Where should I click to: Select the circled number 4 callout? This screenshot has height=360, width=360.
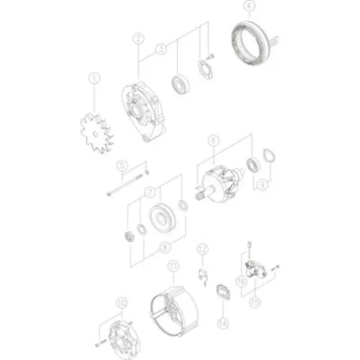point(248,9)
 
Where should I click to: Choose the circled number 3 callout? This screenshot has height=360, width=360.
point(161,48)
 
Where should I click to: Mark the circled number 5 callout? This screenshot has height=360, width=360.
point(122,166)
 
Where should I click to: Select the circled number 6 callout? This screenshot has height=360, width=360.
point(212,141)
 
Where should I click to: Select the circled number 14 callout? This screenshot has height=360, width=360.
point(222,324)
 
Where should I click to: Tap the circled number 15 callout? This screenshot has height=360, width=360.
point(255,303)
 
